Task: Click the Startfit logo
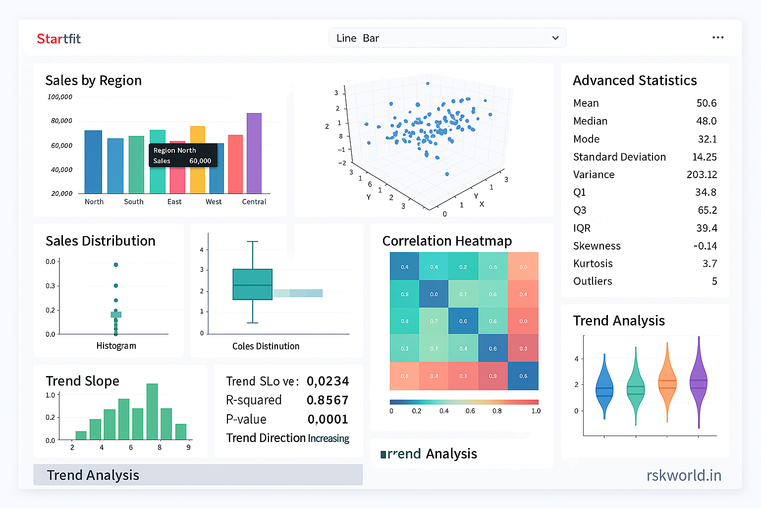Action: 58,39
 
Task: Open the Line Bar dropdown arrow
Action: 555,38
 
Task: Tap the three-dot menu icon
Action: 718,38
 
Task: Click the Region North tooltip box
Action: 183,155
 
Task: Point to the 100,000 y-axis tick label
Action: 60,97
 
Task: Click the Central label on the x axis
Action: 254,201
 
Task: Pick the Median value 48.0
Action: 706,121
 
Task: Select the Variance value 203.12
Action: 702,175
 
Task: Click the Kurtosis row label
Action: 593,263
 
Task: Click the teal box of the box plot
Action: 253,284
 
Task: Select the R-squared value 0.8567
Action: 327,400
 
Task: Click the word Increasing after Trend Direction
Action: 328,439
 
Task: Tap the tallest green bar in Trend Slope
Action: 152,411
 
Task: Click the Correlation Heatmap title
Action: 447,241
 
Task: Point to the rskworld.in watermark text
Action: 684,475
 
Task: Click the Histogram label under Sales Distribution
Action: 116,346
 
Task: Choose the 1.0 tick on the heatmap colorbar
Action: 536,411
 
